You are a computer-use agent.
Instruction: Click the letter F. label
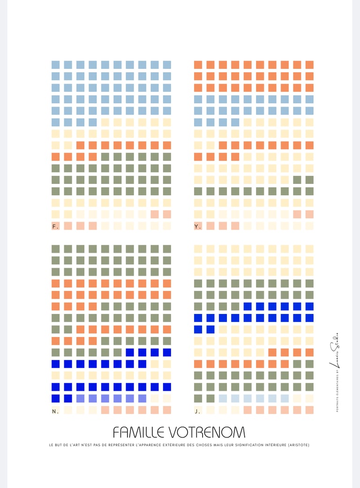tap(55, 226)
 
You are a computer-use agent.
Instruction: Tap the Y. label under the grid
tap(198, 226)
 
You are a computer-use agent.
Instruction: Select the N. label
tap(55, 411)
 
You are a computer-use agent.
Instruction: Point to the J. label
tap(198, 411)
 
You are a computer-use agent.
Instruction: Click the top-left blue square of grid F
tap(56, 65)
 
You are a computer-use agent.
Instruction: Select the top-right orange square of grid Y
tap(309, 65)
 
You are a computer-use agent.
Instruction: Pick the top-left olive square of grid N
tap(56, 249)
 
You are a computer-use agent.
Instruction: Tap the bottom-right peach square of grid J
tap(309, 410)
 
